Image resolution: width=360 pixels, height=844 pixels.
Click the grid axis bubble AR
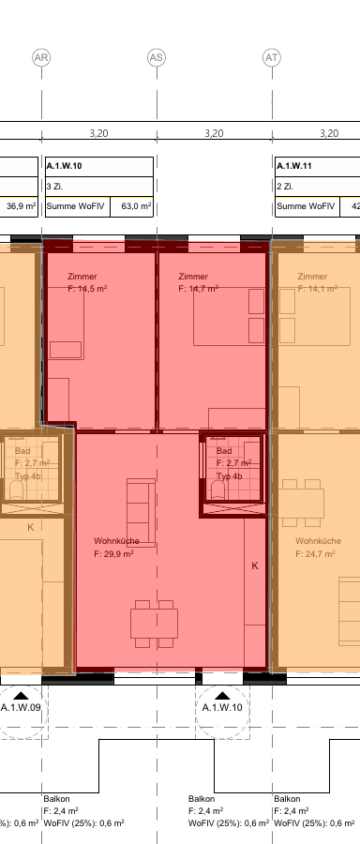pyautogui.click(x=41, y=57)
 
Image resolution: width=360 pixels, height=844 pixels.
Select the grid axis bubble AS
pyautogui.click(x=157, y=57)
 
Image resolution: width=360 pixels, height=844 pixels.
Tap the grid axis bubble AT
pyautogui.click(x=272, y=57)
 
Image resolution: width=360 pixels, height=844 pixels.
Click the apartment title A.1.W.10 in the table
pyautogui.click(x=65, y=166)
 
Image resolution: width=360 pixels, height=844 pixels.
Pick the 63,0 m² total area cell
pyautogui.click(x=132, y=206)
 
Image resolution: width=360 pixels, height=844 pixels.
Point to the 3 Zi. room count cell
pyautogui.click(x=99, y=187)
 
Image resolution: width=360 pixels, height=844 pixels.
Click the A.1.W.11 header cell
pyautogui.click(x=318, y=167)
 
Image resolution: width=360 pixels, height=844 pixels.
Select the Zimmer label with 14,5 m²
pyautogui.click(x=87, y=282)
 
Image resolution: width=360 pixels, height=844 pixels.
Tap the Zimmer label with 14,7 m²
pyautogui.click(x=198, y=282)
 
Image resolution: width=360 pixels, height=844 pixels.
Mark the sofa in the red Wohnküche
pyautogui.click(x=141, y=513)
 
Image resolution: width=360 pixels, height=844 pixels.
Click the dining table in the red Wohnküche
pyautogui.click(x=154, y=624)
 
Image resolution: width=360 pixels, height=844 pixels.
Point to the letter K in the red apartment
pyautogui.click(x=255, y=565)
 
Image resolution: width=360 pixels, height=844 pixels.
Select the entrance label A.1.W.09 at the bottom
pyautogui.click(x=21, y=707)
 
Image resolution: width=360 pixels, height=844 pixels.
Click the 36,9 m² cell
pyautogui.click(x=20, y=206)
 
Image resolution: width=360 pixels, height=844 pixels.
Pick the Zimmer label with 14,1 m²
pyautogui.click(x=318, y=282)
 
